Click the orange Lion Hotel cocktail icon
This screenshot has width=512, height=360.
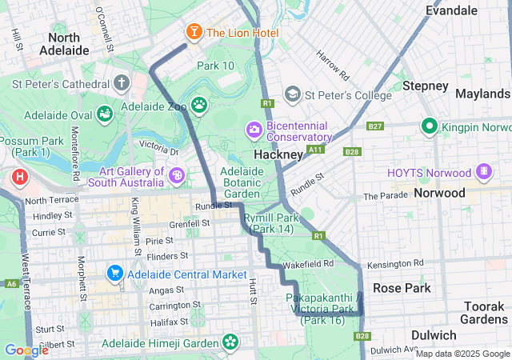tap(193, 32)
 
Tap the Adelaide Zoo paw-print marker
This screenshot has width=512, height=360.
tap(198, 106)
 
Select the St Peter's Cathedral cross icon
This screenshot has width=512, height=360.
tap(121, 82)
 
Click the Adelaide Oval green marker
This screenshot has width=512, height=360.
tap(105, 114)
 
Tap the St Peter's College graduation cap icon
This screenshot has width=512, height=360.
tap(293, 95)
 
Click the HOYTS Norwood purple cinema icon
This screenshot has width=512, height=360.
tap(483, 172)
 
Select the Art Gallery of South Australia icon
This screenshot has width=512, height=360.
tap(176, 174)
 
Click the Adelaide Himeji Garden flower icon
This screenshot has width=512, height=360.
tap(230, 343)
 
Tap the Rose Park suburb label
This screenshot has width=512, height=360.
tap(402, 288)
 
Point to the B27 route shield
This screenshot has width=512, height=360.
tap(375, 126)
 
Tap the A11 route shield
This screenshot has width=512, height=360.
tap(316, 149)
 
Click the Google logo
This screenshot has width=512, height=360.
tap(26, 350)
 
